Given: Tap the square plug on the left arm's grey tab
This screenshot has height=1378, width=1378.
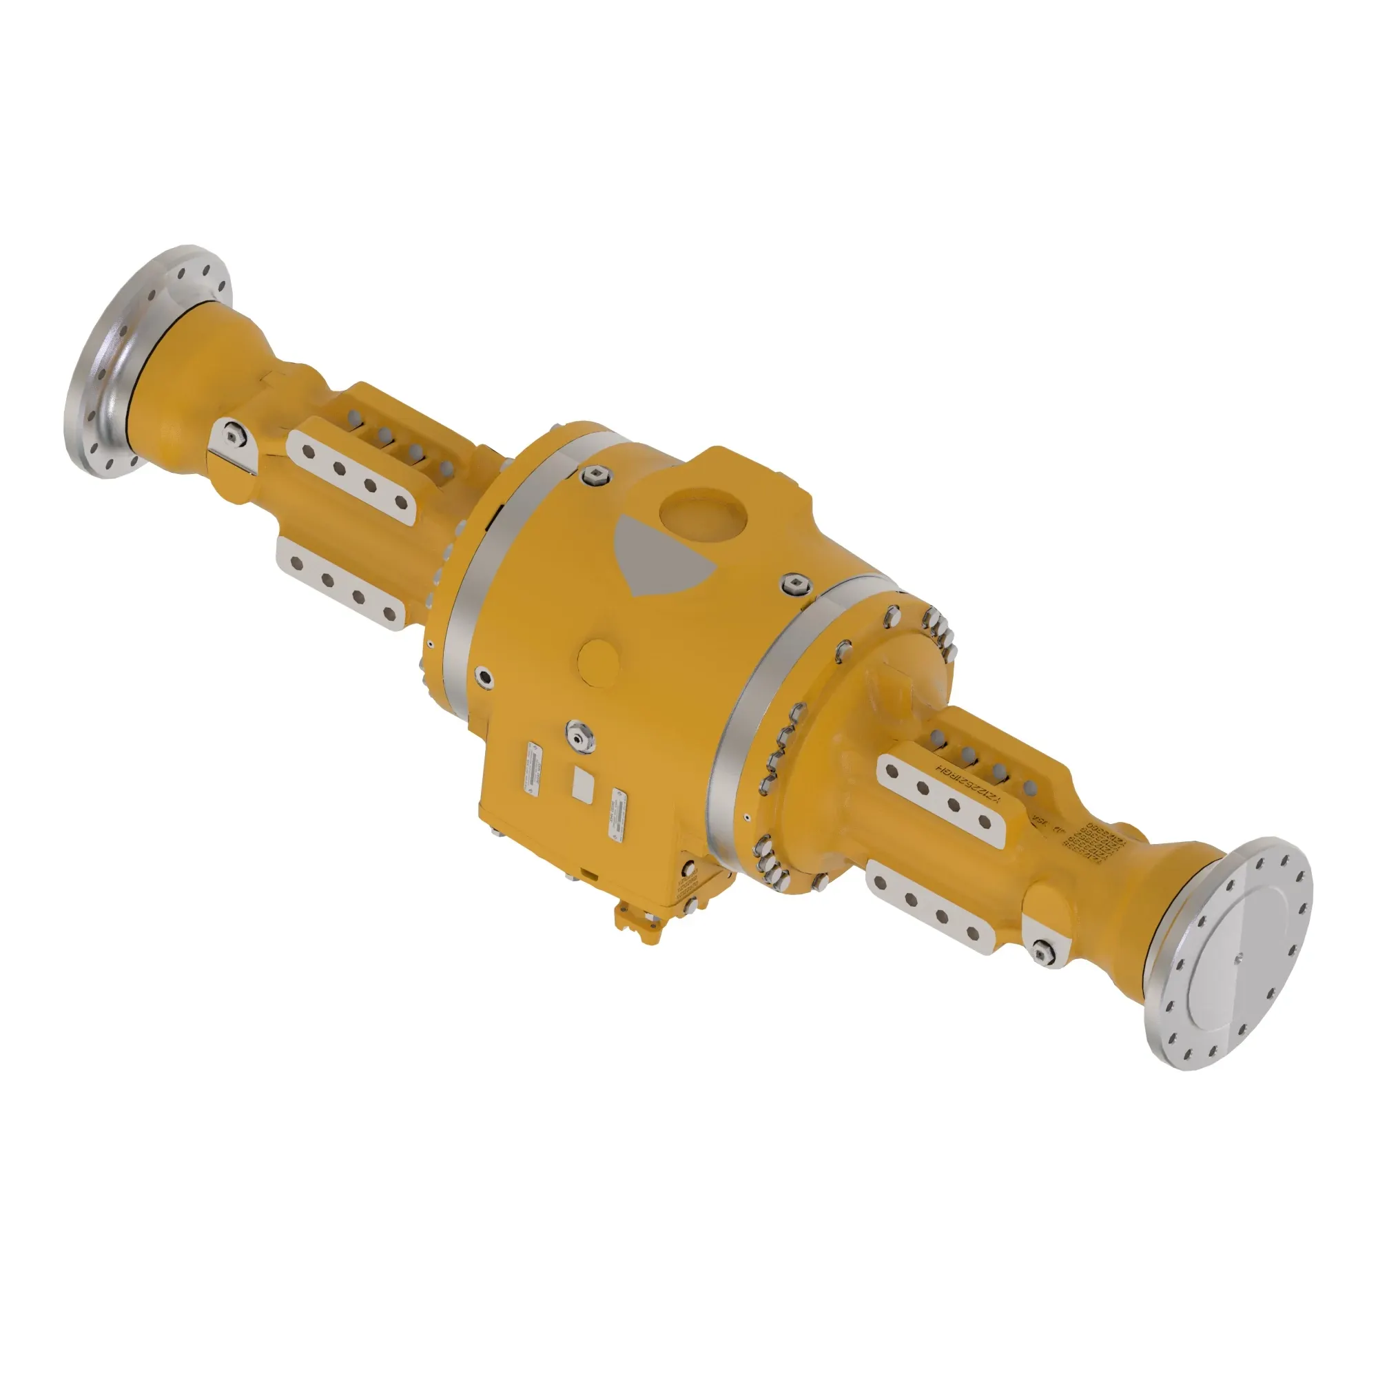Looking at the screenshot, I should click(x=231, y=433).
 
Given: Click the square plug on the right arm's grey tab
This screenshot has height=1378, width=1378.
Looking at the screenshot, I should click(x=1042, y=949).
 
